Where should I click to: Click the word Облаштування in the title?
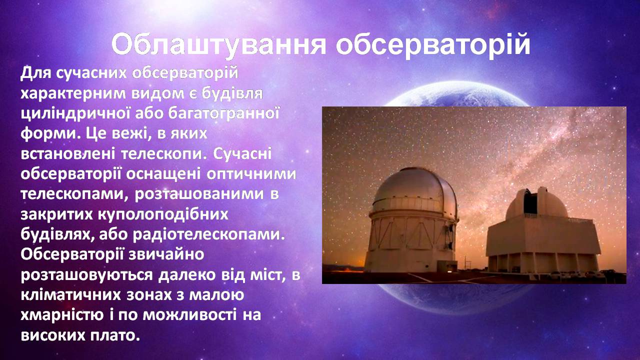[218, 45]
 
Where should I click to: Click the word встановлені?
[68, 154]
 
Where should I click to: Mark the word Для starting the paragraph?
[35, 73]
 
